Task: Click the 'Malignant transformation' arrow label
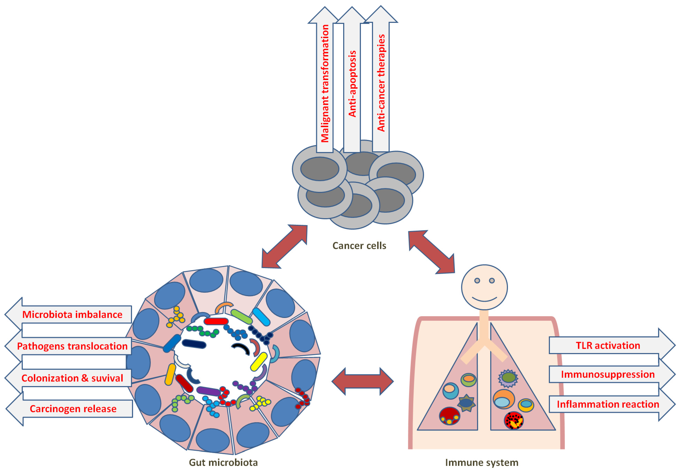(325, 83)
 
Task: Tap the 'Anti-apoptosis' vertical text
(352, 84)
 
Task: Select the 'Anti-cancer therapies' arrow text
(381, 83)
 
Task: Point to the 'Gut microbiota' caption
(223, 462)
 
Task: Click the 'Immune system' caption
(482, 462)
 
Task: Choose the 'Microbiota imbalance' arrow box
(73, 314)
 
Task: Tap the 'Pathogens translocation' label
(73, 346)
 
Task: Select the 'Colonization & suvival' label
(73, 378)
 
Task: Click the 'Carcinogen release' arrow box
(73, 409)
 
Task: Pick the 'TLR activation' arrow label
(608, 345)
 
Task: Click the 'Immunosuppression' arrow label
(608, 374)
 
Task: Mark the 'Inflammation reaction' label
(608, 404)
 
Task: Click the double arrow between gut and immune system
(363, 381)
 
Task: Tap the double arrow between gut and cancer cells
(284, 246)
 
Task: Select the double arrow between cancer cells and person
(431, 252)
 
